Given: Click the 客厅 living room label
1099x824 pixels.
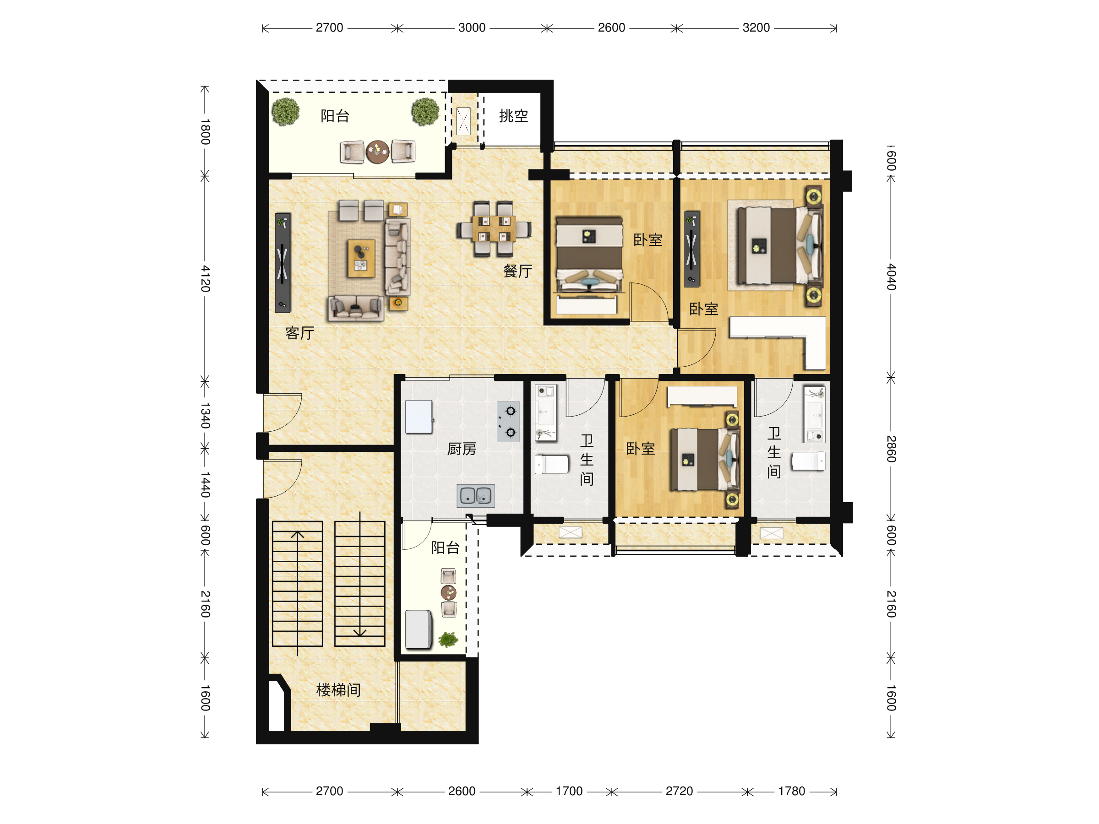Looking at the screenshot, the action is (299, 333).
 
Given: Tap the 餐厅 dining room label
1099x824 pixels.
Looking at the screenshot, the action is (518, 271).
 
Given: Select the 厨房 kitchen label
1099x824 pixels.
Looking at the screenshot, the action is (462, 449).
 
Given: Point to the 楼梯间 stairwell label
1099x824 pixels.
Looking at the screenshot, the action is (338, 690).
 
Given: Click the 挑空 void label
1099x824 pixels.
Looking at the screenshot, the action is (514, 116).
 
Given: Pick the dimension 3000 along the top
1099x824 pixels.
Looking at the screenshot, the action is (472, 28).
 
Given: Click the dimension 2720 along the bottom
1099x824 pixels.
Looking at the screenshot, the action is (679, 791).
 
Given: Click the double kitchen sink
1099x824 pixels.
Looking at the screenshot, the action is (475, 496).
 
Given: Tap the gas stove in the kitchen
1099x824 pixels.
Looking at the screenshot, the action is (508, 422).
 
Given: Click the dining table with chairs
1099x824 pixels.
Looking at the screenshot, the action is (494, 229).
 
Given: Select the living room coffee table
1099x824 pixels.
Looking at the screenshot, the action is (361, 258).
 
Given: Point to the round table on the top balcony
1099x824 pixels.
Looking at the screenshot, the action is (378, 152).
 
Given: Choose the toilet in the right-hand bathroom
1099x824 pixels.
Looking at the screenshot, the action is (808, 461).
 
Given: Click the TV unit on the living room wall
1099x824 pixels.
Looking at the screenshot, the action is (283, 263).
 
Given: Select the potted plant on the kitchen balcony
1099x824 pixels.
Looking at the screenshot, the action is (449, 640).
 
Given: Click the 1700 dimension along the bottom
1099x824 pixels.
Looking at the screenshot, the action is (569, 791).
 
